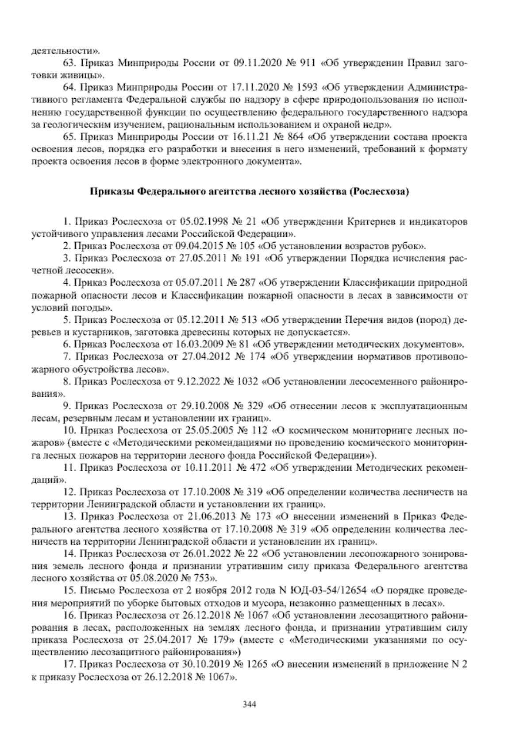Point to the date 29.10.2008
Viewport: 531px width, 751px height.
[205, 406]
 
